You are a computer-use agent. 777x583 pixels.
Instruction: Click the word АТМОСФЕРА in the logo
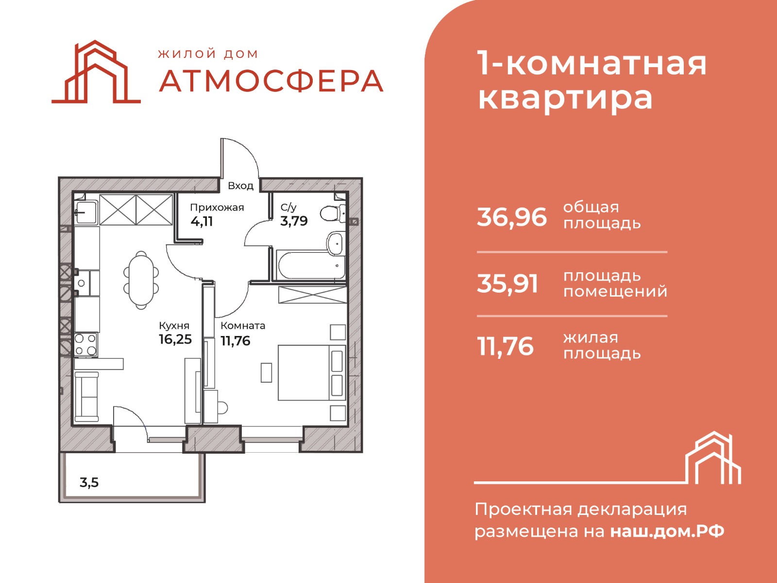point(271,81)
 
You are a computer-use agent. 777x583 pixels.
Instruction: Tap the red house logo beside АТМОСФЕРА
point(96,71)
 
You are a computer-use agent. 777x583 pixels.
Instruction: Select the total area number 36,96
point(512,217)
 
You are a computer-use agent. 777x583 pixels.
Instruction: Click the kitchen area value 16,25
point(175,339)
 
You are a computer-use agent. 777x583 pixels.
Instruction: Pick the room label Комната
point(243,325)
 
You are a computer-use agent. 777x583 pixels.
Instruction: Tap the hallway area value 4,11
point(202,222)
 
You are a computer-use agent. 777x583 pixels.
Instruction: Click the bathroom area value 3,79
point(294,221)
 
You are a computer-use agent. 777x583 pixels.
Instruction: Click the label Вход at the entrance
point(241,186)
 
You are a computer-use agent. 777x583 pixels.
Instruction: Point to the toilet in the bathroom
point(332,213)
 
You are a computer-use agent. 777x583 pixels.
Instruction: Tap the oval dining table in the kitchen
point(141,280)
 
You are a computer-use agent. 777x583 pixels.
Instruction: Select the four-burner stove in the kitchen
point(85,344)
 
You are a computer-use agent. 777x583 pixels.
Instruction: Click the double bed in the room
point(311,372)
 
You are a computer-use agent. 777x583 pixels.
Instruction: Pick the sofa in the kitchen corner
point(86,397)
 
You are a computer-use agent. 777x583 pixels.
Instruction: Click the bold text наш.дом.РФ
point(667,531)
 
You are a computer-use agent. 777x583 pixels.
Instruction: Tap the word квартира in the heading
point(565,98)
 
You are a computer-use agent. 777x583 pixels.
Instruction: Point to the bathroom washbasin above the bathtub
point(335,243)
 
